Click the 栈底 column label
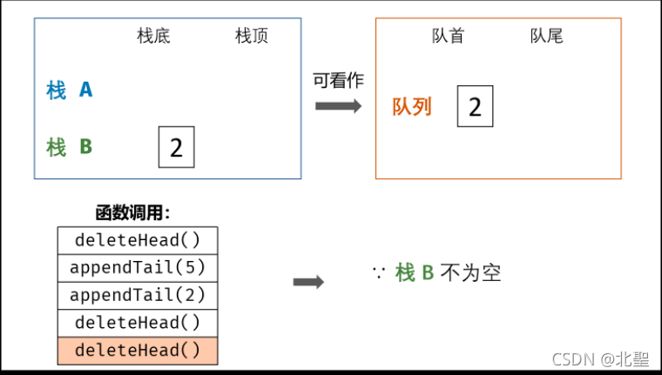pyautogui.click(x=154, y=37)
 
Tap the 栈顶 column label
pyautogui.click(x=252, y=37)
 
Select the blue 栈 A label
pyautogui.click(x=70, y=90)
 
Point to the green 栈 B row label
pyautogui.click(x=70, y=146)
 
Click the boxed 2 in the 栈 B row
pyautogui.click(x=176, y=147)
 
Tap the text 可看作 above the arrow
pyautogui.click(x=338, y=80)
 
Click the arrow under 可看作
pyautogui.click(x=338, y=105)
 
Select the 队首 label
pyautogui.click(x=449, y=37)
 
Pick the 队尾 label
pyautogui.click(x=547, y=37)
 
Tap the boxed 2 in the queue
pyautogui.click(x=475, y=107)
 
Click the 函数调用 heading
pyautogui.click(x=132, y=213)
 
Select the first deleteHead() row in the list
pyautogui.click(x=138, y=240)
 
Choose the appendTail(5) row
pyautogui.click(x=138, y=267)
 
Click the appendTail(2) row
pyautogui.click(x=138, y=295)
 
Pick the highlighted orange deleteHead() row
pyautogui.click(x=138, y=351)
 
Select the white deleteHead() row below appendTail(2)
pyautogui.click(x=138, y=323)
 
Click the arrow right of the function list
pyautogui.click(x=308, y=282)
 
